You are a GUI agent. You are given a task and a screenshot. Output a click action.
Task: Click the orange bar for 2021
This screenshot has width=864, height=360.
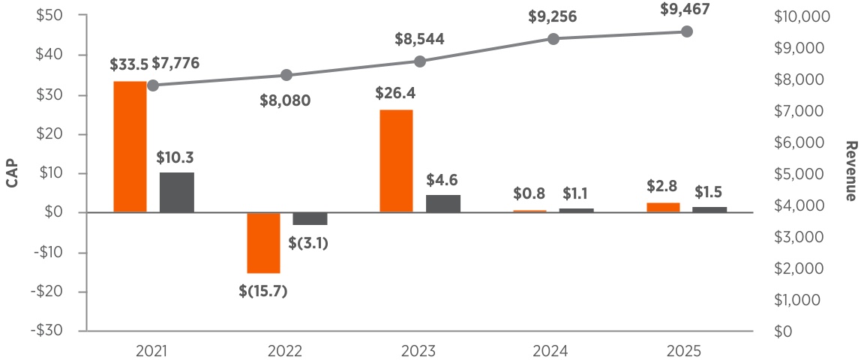point(130,147)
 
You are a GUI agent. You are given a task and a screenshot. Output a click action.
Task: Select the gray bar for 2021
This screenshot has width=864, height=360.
point(176,193)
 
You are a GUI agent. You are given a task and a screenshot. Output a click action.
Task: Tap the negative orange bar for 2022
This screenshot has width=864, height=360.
point(263,243)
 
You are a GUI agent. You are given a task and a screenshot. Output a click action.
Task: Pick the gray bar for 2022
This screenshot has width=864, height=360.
point(310,219)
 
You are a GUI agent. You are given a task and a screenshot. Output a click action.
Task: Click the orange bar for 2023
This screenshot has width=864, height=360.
point(396,161)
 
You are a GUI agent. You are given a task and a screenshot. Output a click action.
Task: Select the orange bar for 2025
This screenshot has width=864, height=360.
point(663,208)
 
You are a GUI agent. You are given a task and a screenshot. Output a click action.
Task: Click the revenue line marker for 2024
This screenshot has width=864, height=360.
point(553,39)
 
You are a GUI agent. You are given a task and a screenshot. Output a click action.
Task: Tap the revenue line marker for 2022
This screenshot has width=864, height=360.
point(286,75)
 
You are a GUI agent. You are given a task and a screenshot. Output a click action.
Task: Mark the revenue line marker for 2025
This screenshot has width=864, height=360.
point(686,31)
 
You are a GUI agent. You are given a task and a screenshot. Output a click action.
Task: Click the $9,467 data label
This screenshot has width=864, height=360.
point(686,10)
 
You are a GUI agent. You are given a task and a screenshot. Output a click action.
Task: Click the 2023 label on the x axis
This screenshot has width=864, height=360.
point(419,350)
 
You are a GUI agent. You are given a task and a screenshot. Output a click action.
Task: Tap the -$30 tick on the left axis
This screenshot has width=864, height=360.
point(49,331)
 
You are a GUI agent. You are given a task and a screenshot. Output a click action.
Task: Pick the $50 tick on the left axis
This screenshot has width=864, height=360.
point(50,16)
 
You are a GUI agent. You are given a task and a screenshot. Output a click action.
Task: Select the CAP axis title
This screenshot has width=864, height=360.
point(13,173)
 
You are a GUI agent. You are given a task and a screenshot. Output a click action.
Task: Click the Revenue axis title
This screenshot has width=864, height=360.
point(850,172)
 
